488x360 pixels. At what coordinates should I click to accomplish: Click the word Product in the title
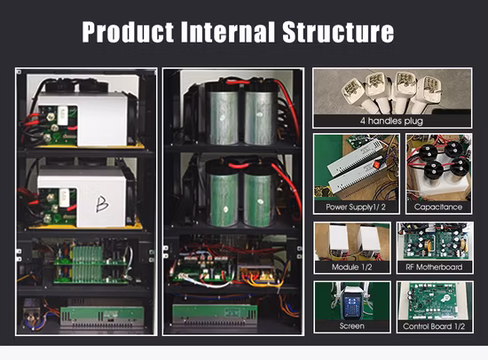coord(128,31)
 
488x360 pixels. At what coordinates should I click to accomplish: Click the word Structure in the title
coord(338,31)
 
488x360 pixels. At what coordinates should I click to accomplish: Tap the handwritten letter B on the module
coord(102,205)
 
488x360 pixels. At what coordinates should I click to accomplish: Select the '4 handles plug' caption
coord(391,121)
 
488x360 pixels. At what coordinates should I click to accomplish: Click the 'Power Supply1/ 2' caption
coord(356,207)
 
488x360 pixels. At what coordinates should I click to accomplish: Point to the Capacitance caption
coord(438,207)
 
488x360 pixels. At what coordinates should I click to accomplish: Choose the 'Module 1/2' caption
coord(351,267)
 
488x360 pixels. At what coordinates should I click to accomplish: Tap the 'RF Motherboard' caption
coord(434,267)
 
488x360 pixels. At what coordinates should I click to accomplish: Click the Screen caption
coord(351,326)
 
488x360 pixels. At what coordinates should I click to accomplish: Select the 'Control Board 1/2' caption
coord(434,326)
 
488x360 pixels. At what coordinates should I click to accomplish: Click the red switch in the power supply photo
coord(377,164)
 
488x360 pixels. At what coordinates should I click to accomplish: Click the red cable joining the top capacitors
coord(238,82)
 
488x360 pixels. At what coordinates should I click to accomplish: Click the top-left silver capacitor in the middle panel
coord(222,113)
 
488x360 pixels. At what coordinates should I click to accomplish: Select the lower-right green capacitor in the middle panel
coord(258,195)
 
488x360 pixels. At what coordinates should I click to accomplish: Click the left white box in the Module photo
coord(338,239)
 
